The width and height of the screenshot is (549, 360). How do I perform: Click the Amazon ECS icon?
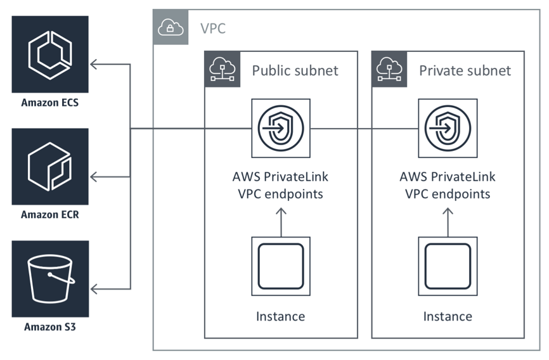(x=50, y=55)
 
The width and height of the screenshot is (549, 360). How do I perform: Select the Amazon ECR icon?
(x=50, y=167)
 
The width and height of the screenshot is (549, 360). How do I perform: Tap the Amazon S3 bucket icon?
(x=50, y=279)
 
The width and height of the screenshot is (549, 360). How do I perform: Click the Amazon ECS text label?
(x=50, y=102)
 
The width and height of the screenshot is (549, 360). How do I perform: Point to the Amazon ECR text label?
(x=50, y=214)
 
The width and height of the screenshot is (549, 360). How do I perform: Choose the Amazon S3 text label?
(x=50, y=327)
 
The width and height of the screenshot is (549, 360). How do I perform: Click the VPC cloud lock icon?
(x=171, y=27)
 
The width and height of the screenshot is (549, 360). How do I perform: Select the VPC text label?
(x=212, y=29)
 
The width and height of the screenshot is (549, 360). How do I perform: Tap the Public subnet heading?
(x=295, y=70)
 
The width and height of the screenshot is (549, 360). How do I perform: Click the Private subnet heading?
(x=465, y=70)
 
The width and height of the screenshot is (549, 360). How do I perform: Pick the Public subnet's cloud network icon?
(x=222, y=69)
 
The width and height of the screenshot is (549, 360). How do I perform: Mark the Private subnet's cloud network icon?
(x=389, y=69)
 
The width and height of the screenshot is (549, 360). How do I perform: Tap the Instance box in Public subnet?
(x=281, y=266)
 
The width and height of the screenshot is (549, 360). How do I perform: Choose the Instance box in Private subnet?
(x=448, y=266)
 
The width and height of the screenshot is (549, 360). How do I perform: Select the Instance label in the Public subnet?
(x=280, y=316)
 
